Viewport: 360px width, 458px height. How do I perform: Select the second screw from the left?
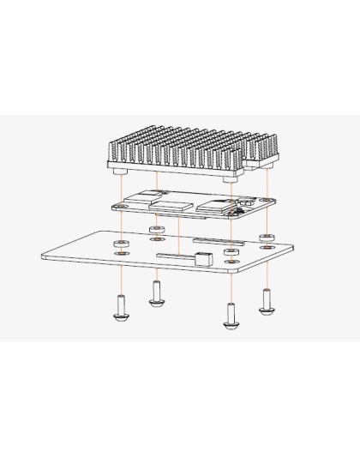pyautogui.click(x=157, y=294)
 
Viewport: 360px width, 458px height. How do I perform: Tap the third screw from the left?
pyautogui.click(x=231, y=315)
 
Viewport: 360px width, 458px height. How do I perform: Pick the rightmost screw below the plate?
pyautogui.click(x=267, y=301)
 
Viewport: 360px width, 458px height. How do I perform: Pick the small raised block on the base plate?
pyautogui.click(x=202, y=259)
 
